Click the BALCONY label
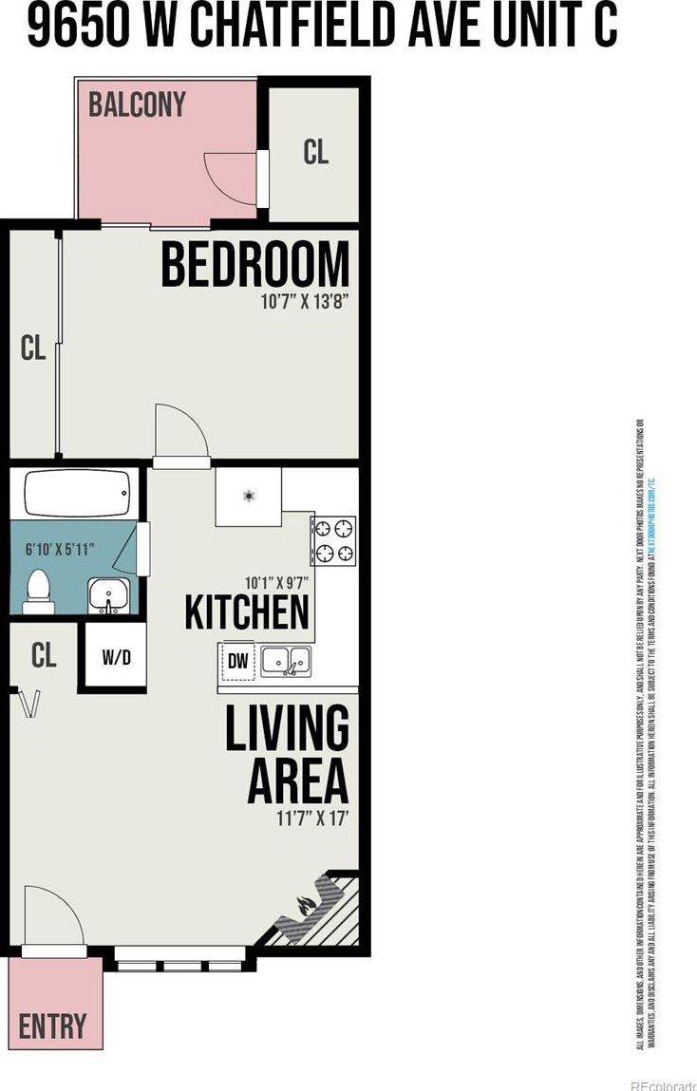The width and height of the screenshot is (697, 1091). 137,104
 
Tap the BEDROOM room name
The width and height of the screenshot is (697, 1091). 254,265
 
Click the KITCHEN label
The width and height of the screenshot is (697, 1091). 247,613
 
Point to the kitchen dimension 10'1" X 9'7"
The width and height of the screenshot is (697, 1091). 276,583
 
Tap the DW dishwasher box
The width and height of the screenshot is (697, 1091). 237,662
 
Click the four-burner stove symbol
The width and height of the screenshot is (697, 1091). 334,540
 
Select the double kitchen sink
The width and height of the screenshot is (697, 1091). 285,660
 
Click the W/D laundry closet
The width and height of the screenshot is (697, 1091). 115,657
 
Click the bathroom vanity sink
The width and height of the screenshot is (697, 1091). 110,596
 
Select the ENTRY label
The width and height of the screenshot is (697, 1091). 52,1025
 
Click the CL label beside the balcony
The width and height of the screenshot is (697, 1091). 316,153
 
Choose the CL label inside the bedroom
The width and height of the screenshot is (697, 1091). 33,348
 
